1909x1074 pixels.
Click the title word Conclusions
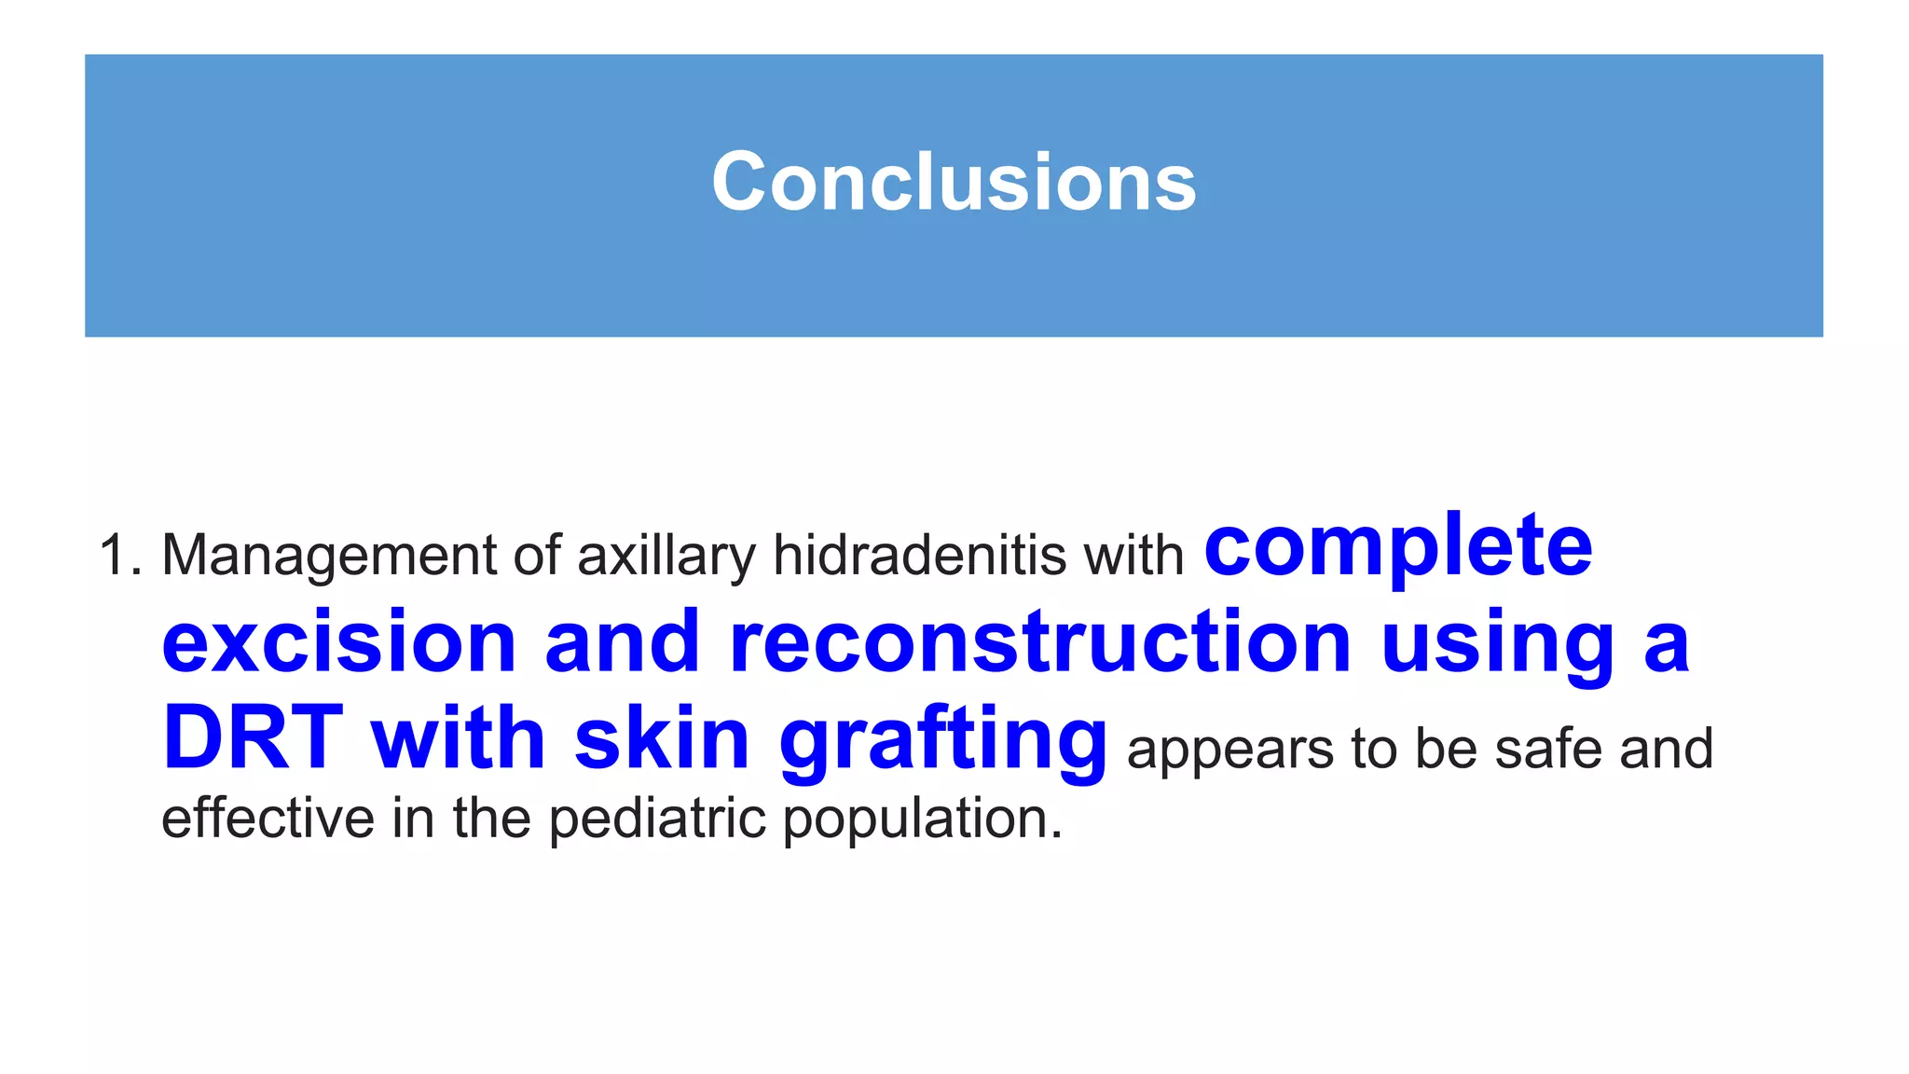pos(953,182)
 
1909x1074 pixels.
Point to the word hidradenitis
pos(919,556)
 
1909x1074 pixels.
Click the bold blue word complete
pos(1398,548)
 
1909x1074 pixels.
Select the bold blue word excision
pos(338,642)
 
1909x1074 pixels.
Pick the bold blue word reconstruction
pos(1039,642)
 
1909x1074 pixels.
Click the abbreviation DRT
pos(253,738)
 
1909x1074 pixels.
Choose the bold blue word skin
pos(662,738)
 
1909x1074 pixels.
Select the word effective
pos(268,818)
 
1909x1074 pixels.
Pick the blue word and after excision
pos(622,642)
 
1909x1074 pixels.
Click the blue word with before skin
pos(458,738)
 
